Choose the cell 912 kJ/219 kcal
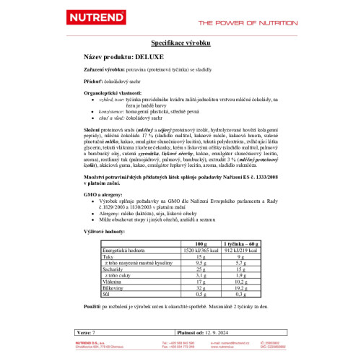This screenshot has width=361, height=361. point(248,251)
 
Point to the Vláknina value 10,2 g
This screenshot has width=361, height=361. point(248,281)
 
